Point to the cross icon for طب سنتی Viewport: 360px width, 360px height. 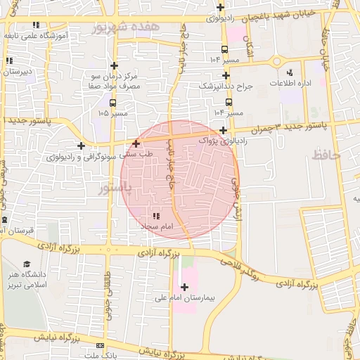pos(136,143)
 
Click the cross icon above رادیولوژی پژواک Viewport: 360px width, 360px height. pos(223,130)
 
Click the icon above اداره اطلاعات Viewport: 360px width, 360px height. pos(290,72)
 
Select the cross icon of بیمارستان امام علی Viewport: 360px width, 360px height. pos(184,287)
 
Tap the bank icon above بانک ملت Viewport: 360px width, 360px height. pos(100,346)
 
